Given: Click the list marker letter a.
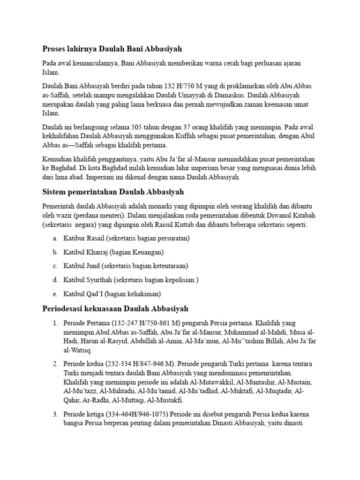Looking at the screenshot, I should pyautogui.click(x=55, y=239).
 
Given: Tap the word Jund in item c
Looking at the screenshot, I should pyautogui.click(x=92, y=266).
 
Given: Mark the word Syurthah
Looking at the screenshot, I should pyautogui.click(x=102, y=280).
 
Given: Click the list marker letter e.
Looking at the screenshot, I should pyautogui.click(x=55, y=294).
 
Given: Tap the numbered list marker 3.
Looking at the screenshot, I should pyautogui.click(x=55, y=414).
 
